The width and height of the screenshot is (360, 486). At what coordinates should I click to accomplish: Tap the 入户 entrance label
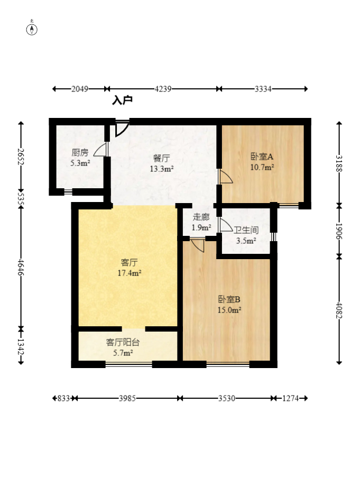pos(122,100)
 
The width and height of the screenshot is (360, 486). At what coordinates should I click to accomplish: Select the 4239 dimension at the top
pos(163,89)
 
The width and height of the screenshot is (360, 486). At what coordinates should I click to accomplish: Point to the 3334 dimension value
pos(263,89)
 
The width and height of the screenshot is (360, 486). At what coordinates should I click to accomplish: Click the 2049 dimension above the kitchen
pos(80,89)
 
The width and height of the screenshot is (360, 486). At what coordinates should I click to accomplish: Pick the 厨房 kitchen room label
pos(80,152)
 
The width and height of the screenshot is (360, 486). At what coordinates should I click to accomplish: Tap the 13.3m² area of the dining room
pos(161,169)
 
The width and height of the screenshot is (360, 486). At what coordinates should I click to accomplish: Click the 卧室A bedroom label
pos(262,157)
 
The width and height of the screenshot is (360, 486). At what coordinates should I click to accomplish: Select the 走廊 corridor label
pos(201,217)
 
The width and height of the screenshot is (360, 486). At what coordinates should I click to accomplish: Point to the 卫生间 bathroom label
pos(246,230)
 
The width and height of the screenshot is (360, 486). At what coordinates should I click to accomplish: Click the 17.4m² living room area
pos(130,273)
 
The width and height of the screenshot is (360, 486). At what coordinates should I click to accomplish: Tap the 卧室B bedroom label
pos(229,299)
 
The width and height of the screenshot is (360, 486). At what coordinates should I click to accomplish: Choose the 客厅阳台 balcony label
pos(123,342)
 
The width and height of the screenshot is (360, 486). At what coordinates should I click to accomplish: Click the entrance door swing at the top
pos(122,129)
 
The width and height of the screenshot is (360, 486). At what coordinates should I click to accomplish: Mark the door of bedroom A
pos(225,176)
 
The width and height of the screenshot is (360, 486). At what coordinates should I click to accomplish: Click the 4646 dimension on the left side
pos(21,267)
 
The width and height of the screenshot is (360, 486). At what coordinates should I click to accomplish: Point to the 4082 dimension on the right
pos(339,310)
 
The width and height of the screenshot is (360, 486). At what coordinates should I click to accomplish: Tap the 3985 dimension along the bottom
pos(127,398)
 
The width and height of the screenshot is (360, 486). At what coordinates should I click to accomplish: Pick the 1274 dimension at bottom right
pos(290,398)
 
